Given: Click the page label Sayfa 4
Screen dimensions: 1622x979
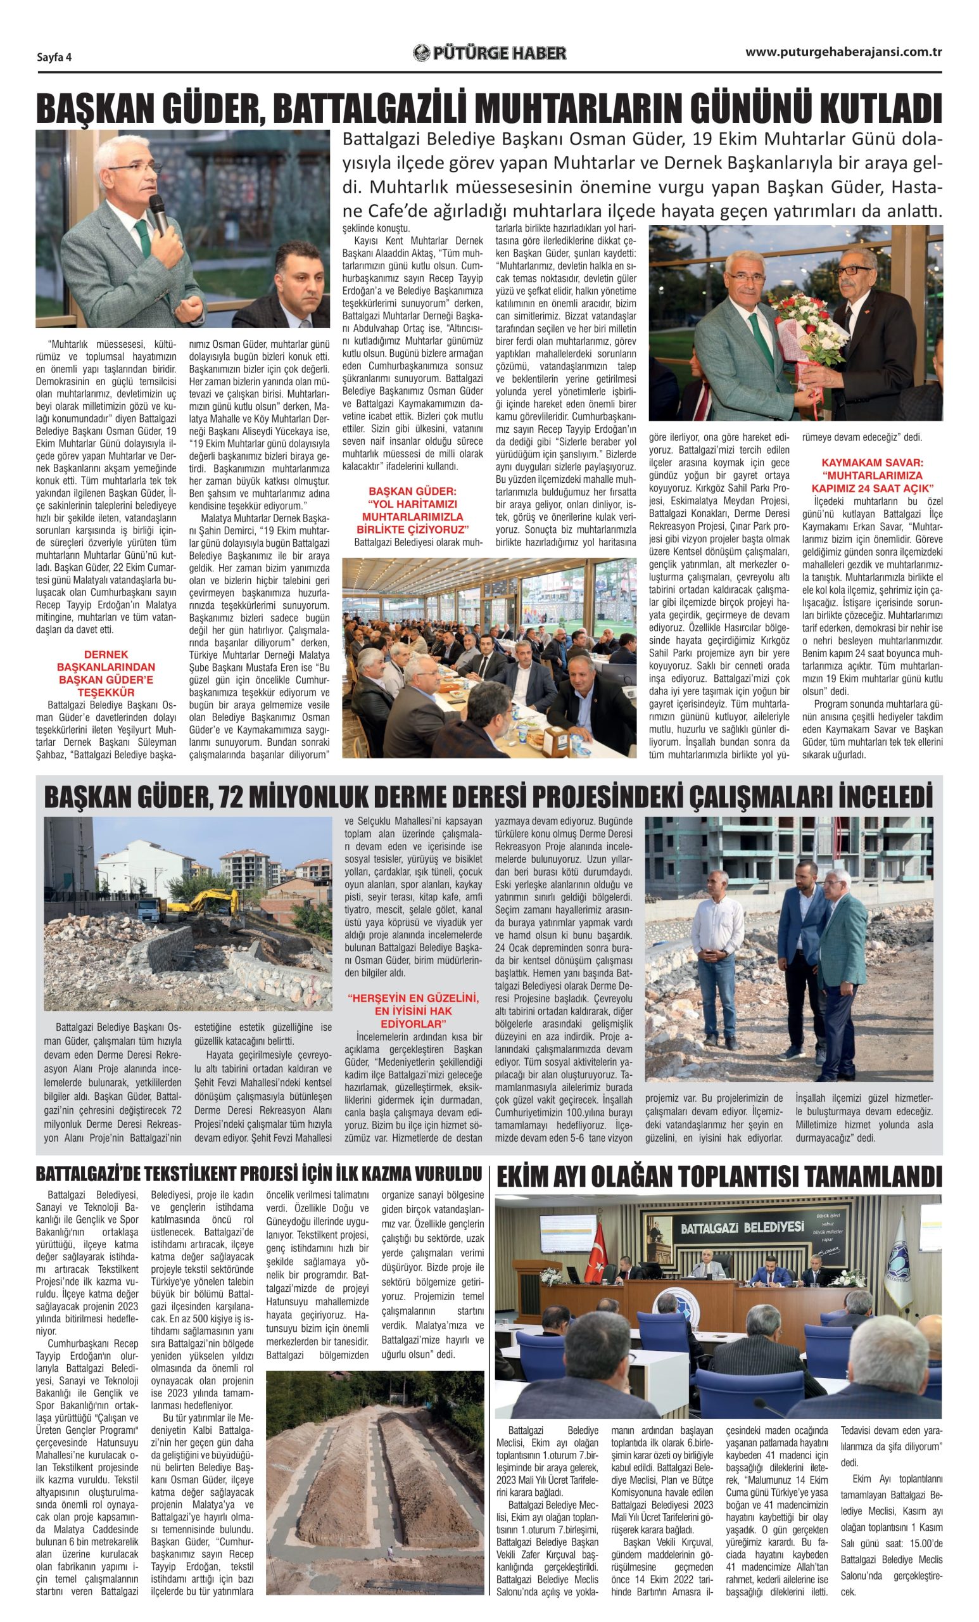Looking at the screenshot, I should pos(54,57).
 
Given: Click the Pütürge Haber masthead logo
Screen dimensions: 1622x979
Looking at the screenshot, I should pos(489,53).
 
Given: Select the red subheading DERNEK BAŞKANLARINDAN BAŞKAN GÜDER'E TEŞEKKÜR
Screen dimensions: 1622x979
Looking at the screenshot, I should pos(106,674).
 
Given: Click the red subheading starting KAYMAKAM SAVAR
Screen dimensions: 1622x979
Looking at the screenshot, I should pos(872,475).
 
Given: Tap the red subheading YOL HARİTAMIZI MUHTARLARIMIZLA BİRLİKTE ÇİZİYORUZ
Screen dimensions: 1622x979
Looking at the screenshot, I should pos(412,510).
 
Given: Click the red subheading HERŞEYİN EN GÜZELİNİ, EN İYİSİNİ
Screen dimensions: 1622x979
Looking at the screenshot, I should pos(413,1011).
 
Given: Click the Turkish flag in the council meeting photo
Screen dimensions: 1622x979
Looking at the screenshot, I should pos(596,1251).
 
